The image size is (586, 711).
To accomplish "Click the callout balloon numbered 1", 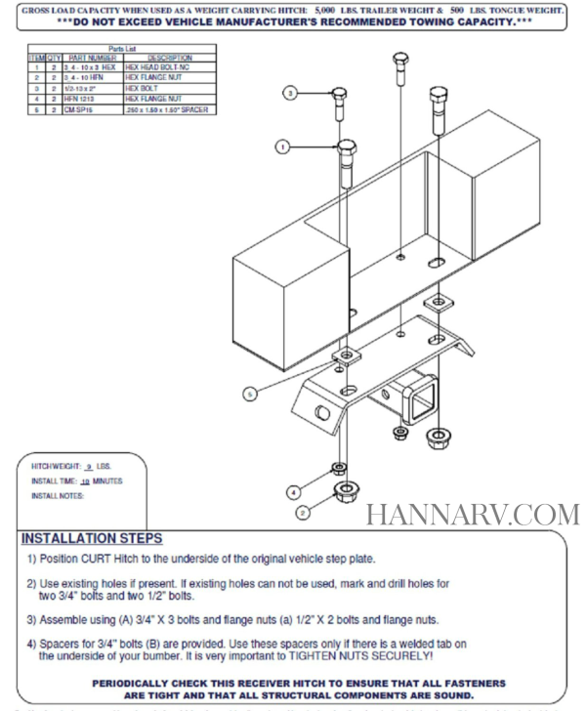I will point(281,148).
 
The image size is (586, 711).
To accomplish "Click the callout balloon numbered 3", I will point(290,93).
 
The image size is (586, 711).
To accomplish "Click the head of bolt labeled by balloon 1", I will point(347,153).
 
